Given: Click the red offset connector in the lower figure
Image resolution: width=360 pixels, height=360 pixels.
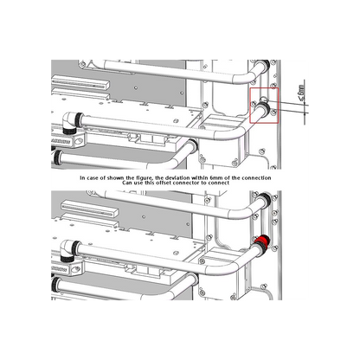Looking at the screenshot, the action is coord(262,240).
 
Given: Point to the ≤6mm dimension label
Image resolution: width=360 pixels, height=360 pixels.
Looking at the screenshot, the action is coord(301,93).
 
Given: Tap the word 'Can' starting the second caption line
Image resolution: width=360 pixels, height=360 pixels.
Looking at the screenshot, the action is coord(126,183).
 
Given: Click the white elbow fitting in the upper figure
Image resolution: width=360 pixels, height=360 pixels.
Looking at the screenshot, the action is coord(69,123).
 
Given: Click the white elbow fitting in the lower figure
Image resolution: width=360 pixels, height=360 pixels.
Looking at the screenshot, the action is coord(67,250).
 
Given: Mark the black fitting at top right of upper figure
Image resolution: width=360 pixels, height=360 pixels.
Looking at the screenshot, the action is coord(265,65).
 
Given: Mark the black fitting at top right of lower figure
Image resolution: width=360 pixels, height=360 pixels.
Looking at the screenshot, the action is coord(266,199).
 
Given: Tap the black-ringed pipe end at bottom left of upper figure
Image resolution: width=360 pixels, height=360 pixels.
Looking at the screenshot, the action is coord(57,157).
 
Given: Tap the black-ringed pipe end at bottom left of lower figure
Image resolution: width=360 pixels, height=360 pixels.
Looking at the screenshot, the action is coord(55,285).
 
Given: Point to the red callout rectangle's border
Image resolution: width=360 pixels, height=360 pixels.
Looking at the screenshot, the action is coord(250,106).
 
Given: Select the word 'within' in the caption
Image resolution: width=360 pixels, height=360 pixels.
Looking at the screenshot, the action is coord(199,178).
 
